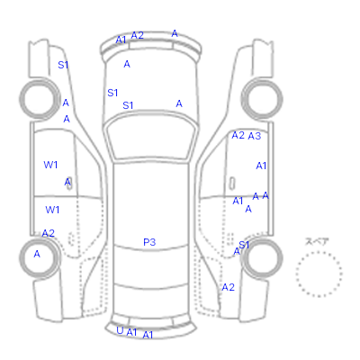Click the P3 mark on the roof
[x=149, y=242]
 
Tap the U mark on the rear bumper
[x=120, y=330]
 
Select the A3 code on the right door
[x=255, y=136]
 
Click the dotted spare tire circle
[x=319, y=274]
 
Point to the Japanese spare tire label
[x=317, y=241]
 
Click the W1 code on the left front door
[x=50, y=165]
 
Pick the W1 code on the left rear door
[x=52, y=210]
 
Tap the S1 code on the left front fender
[x=63, y=65]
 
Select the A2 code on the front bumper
[x=138, y=35]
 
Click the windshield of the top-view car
[x=152, y=137]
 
